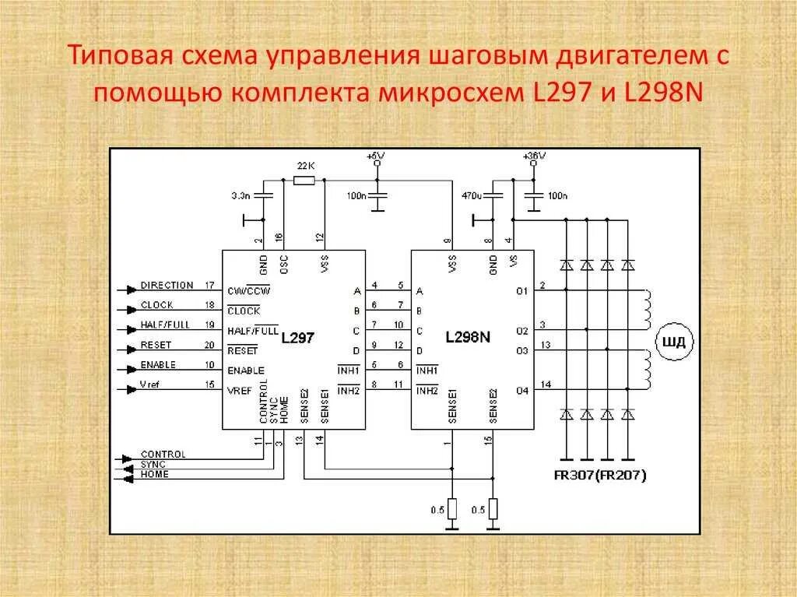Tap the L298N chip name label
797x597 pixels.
click(x=469, y=338)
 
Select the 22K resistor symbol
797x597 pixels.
click(x=304, y=180)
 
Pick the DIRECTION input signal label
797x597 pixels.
click(x=167, y=286)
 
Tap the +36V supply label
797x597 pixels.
click(x=534, y=156)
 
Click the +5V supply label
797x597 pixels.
click(x=376, y=156)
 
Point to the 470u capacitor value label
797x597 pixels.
click(x=471, y=195)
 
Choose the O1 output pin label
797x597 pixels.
click(x=521, y=291)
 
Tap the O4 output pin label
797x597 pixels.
click(x=521, y=390)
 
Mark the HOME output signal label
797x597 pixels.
click(x=154, y=475)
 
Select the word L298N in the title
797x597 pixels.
click(x=662, y=93)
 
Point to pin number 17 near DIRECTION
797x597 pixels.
click(x=209, y=286)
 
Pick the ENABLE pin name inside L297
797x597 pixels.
click(x=245, y=370)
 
